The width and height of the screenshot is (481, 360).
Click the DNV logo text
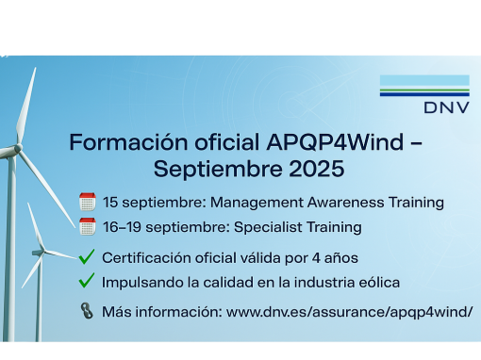(x=446, y=107)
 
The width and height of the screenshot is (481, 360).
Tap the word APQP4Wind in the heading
(x=335, y=142)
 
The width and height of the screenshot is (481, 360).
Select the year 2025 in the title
(x=316, y=169)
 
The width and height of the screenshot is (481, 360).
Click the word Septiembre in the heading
(x=219, y=170)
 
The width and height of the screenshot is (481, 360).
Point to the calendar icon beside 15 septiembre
(x=88, y=202)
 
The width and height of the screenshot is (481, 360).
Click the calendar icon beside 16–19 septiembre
(x=88, y=226)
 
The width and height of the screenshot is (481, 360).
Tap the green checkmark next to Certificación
(x=87, y=256)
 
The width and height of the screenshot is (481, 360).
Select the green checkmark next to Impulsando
(x=87, y=281)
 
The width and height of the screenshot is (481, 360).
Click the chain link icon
(x=87, y=311)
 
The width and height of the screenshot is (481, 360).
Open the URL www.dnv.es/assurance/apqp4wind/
(x=349, y=312)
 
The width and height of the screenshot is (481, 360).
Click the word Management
(x=257, y=203)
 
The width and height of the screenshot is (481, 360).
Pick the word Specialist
(x=268, y=227)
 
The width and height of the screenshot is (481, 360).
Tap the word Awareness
(x=345, y=203)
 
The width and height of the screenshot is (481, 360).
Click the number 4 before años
(x=316, y=258)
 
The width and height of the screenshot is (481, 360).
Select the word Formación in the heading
(x=128, y=142)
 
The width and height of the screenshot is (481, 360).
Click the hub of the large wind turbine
(x=18, y=148)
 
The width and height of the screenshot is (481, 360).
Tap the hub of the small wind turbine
(x=42, y=252)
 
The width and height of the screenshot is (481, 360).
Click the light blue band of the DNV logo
(x=424, y=81)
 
